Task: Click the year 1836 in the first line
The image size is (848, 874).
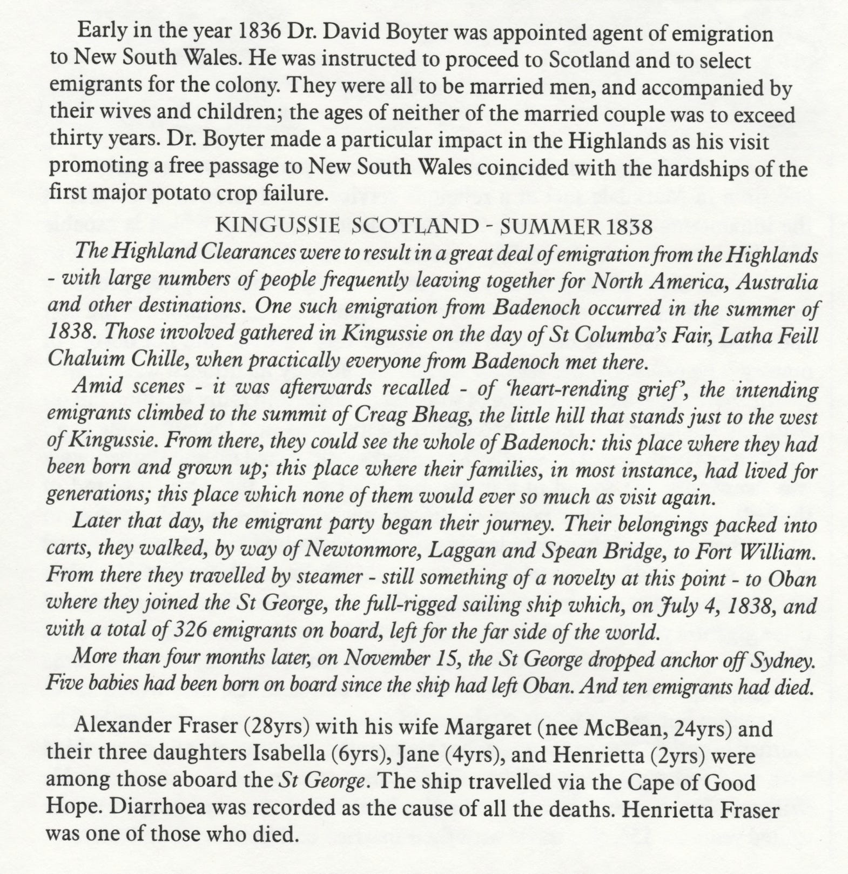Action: click(x=259, y=34)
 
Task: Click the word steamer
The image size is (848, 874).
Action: click(x=331, y=578)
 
